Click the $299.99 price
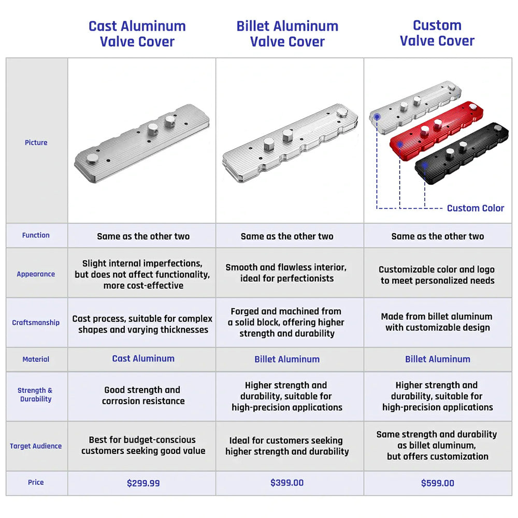pyautogui.click(x=143, y=483)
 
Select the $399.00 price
pyautogui.click(x=287, y=483)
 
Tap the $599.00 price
pyautogui.click(x=438, y=483)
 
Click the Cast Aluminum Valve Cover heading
pyautogui.click(x=137, y=34)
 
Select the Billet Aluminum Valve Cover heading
pyautogui.click(x=287, y=34)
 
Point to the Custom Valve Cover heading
pyautogui.click(x=437, y=33)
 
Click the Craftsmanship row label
pyautogui.click(x=36, y=322)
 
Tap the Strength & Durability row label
pyautogui.click(x=36, y=395)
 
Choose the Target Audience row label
pyautogui.click(x=36, y=446)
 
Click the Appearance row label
pyautogui.click(x=36, y=274)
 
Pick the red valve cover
pyautogui.click(x=435, y=129)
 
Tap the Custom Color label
pyautogui.click(x=476, y=208)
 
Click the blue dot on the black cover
pyautogui.click(x=425, y=165)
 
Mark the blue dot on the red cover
pyautogui.click(x=400, y=143)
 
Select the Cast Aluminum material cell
pyautogui.click(x=143, y=358)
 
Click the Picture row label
pyautogui.click(x=36, y=142)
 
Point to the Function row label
pyautogui.click(x=36, y=235)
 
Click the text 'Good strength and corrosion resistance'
pyautogui.click(x=142, y=395)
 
